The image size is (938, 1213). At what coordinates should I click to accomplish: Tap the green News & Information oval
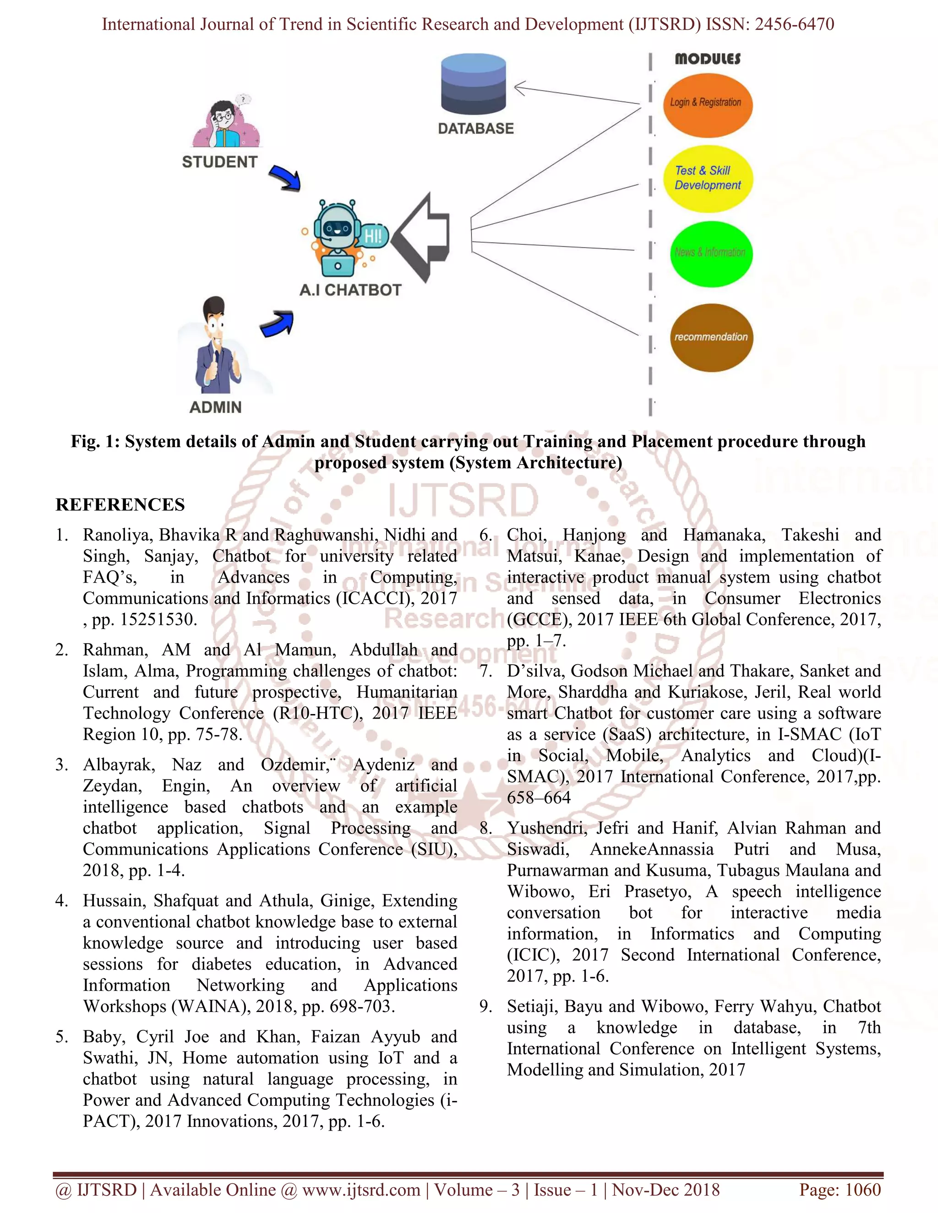711,253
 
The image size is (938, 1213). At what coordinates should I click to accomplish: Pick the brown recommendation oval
711,337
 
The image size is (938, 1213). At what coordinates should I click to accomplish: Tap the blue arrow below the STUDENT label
285,178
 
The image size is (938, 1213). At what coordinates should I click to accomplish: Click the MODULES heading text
707,59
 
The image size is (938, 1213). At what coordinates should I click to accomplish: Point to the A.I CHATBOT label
350,290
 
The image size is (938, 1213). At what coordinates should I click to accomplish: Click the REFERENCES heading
120,504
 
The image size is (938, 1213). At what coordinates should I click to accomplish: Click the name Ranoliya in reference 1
118,535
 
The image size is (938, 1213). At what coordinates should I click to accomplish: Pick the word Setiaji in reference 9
532,1007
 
